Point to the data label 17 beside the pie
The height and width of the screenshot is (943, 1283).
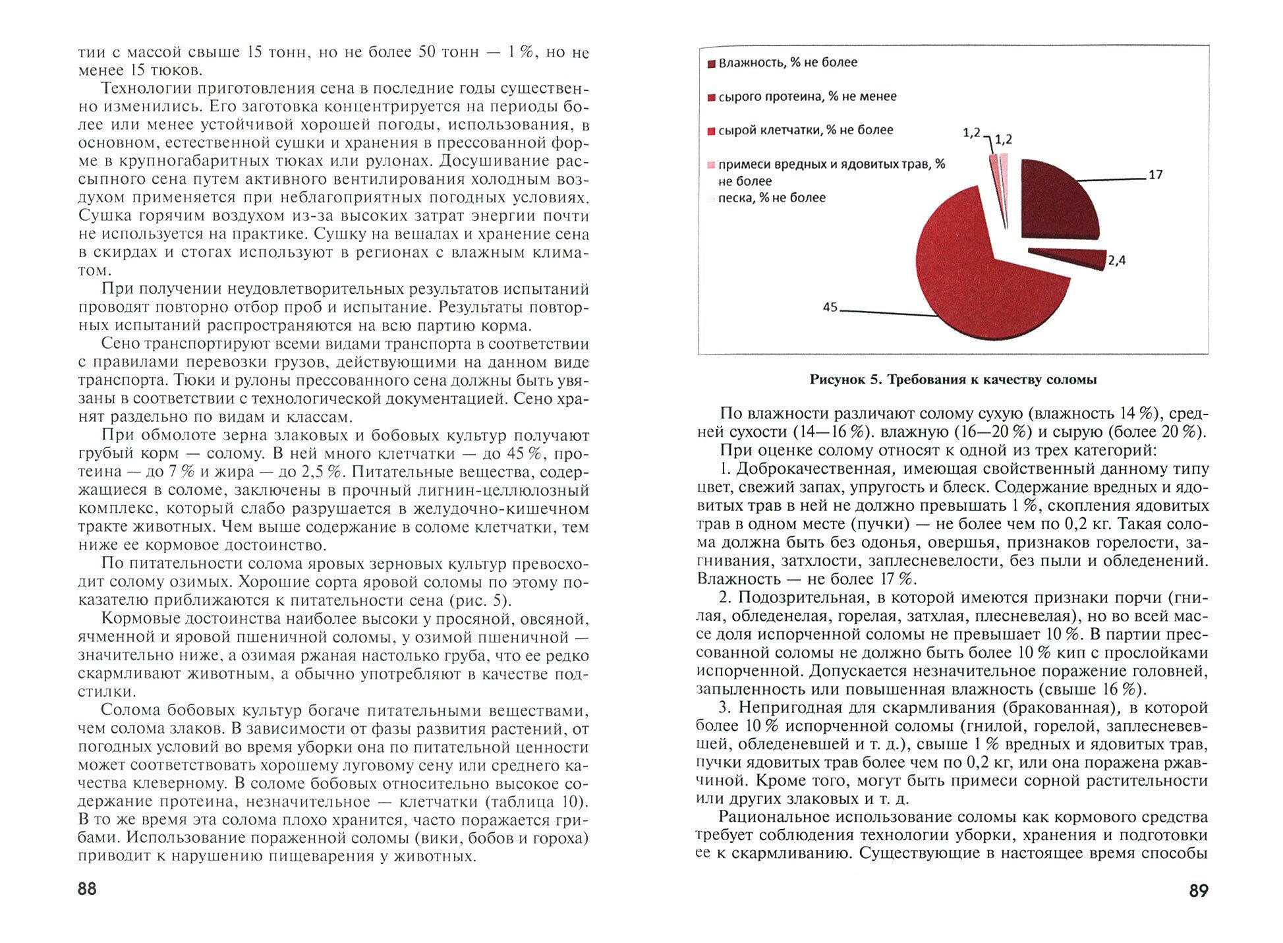[1155, 175]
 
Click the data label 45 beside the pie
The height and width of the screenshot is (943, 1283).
[830, 307]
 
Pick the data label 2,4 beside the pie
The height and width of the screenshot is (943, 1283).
[1116, 260]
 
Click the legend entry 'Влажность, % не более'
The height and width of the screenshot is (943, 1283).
[787, 63]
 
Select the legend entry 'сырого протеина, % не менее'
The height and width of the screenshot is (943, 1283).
[807, 97]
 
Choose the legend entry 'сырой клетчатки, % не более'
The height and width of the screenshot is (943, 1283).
[805, 130]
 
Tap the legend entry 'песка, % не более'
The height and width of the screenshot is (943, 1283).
[771, 198]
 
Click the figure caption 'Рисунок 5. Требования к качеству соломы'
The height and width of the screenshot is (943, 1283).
[953, 380]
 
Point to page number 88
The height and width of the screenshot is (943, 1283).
[87, 889]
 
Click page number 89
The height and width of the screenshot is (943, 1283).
[1199, 891]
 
